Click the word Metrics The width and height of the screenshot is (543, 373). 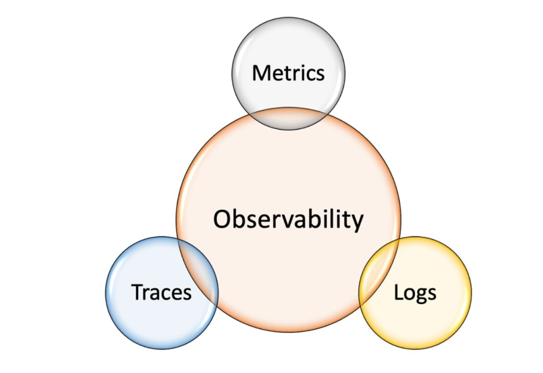288,74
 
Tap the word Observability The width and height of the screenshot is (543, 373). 288,220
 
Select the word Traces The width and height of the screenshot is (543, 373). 161,292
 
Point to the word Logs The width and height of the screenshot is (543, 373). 415,292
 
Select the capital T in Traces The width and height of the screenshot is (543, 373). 137,292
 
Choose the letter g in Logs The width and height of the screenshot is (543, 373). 421,295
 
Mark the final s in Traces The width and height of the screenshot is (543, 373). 187,293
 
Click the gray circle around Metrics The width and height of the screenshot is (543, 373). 288,41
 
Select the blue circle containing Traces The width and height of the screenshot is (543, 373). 139,324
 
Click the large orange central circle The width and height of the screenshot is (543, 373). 288,174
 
